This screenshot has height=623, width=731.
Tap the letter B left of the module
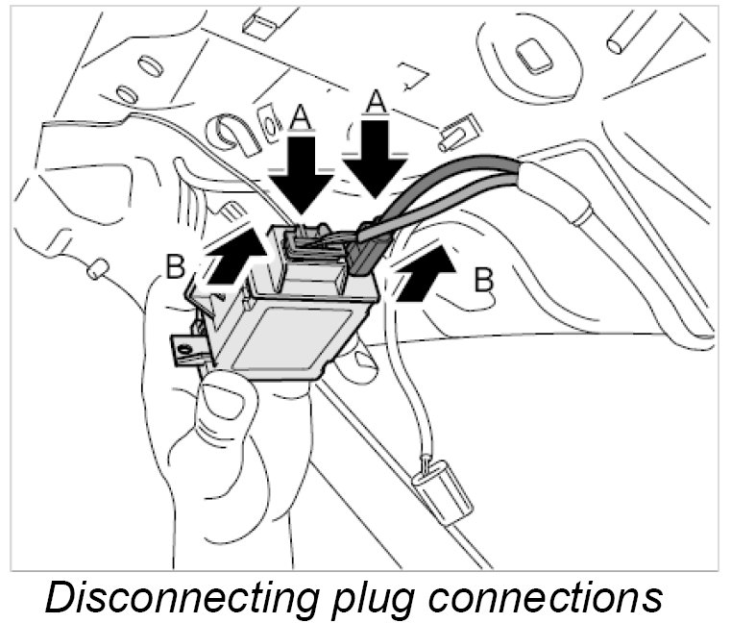point(175,266)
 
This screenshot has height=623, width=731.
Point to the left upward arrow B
point(231,260)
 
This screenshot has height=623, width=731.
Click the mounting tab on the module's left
point(189,345)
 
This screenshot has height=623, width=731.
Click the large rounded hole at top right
point(531,57)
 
